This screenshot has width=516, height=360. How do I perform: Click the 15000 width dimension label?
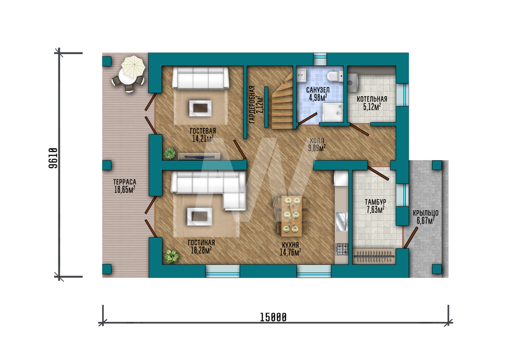273,317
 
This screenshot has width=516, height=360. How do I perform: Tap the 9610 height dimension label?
53,158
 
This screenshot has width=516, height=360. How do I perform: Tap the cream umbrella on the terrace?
133,66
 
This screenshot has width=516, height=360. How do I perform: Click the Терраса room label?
125,182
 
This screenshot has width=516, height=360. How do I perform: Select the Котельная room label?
372,99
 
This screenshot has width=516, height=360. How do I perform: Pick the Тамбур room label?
376,201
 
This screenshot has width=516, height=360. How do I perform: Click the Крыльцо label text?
426,213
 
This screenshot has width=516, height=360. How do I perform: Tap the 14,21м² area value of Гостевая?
203,138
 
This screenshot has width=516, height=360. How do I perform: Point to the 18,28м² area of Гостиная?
201,250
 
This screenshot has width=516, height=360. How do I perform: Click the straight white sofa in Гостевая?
201,78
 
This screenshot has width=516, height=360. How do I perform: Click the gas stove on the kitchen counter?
342,248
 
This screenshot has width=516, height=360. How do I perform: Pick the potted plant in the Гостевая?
170,153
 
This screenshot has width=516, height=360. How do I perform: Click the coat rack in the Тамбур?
374,257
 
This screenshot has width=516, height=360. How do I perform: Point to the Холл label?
317,140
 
